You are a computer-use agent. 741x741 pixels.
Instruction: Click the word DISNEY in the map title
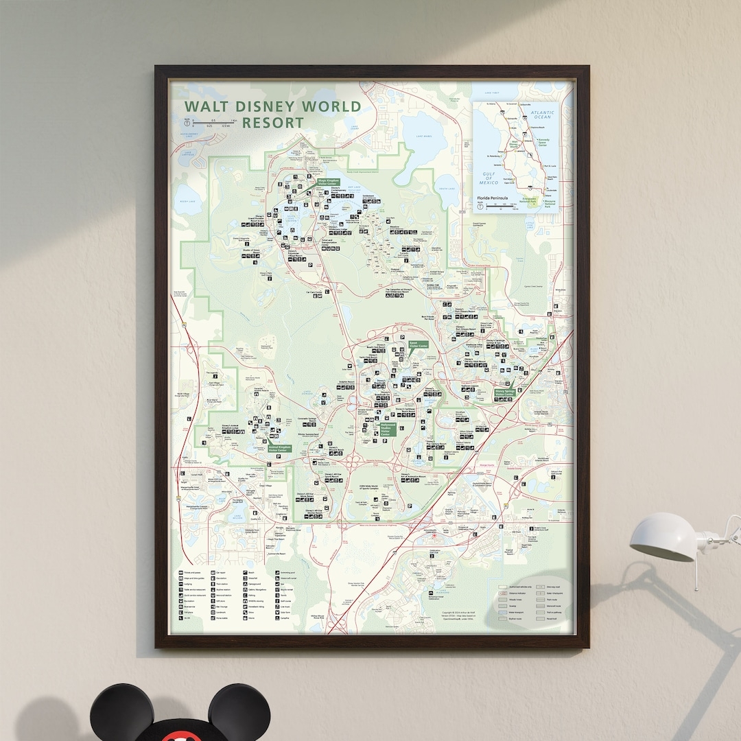tap(270, 107)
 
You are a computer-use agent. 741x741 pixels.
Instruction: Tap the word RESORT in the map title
tap(272, 123)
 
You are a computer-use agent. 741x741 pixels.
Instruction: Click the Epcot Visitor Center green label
tap(418, 344)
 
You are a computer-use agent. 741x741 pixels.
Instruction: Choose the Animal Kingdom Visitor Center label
tap(279, 448)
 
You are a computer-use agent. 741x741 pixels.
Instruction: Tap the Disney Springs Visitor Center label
tap(505, 394)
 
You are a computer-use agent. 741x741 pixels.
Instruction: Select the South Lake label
tap(447, 188)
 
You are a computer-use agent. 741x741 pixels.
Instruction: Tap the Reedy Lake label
tap(187, 202)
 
